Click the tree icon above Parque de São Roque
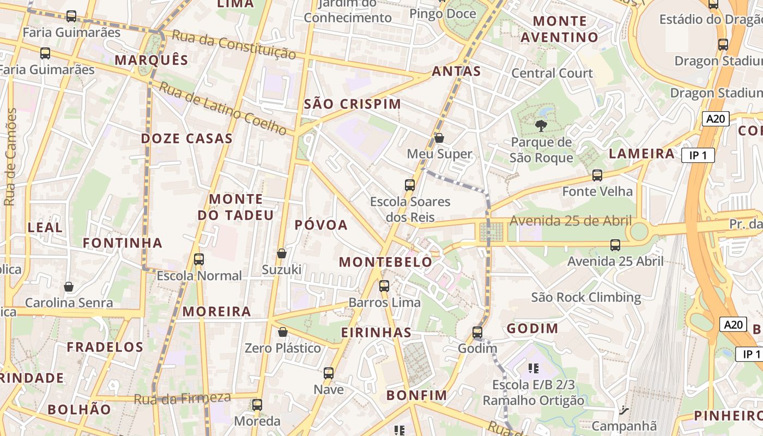coord(541,126)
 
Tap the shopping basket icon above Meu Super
coord(439,138)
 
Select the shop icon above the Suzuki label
coord(282,253)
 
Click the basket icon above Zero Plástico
coord(282,332)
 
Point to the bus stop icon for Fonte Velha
coord(597,175)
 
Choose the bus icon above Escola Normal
coord(199,259)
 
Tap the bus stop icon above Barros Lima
coord(384,286)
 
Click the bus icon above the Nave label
coord(328,373)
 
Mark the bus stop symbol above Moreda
coord(257,405)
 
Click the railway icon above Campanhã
coord(625,410)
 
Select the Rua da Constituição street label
coord(234,45)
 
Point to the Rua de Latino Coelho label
coord(223,108)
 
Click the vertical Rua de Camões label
coord(10,157)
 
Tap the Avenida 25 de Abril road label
coord(571,221)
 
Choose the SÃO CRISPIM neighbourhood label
coord(352,104)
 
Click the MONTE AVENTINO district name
coord(560,29)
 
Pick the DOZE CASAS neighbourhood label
coord(187,138)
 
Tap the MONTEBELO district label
coord(385,262)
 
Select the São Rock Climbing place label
coord(586,297)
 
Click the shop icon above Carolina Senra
coord(69,287)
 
